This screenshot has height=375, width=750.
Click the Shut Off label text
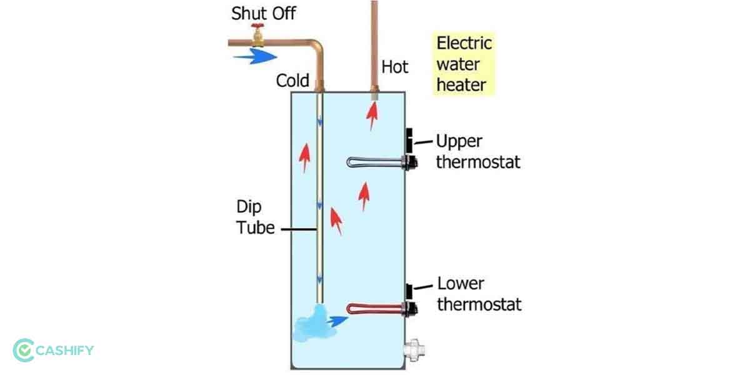263,13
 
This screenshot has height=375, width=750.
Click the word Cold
292,81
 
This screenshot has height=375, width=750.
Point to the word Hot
394,67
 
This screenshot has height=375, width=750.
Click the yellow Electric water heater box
464,64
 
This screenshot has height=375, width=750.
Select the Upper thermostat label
477,152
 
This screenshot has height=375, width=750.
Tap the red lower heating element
375,308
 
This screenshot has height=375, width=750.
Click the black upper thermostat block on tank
410,139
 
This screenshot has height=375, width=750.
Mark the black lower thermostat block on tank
410,291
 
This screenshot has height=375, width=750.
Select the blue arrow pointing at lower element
338,321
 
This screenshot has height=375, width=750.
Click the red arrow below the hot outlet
372,116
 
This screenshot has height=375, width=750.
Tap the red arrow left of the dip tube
304,156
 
